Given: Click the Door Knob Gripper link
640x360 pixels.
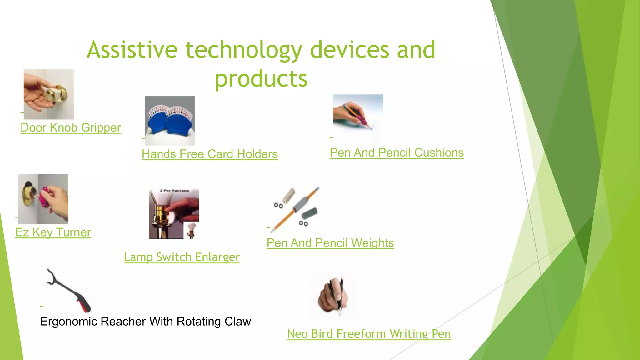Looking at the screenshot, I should click(x=71, y=128).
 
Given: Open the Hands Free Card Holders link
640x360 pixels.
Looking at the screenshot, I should click(x=209, y=154).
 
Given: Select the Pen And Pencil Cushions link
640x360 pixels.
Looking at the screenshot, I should click(x=397, y=153).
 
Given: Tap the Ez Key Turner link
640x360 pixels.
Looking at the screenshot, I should click(x=53, y=232).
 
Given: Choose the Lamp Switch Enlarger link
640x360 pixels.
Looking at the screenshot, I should click(x=182, y=257).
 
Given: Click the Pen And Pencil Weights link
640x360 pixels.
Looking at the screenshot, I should click(x=330, y=243).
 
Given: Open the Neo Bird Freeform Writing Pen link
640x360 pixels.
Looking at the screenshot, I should click(x=369, y=334).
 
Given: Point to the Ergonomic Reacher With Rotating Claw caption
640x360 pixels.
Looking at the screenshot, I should click(x=145, y=322).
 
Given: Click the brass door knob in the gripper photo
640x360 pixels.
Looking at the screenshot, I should click(x=58, y=93).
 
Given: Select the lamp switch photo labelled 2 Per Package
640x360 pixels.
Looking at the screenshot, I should click(x=173, y=214).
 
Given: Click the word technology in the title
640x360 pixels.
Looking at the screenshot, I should click(x=244, y=50).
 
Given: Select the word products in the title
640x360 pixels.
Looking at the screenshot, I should click(x=261, y=79).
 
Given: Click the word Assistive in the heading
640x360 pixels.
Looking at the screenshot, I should click(x=132, y=50).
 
